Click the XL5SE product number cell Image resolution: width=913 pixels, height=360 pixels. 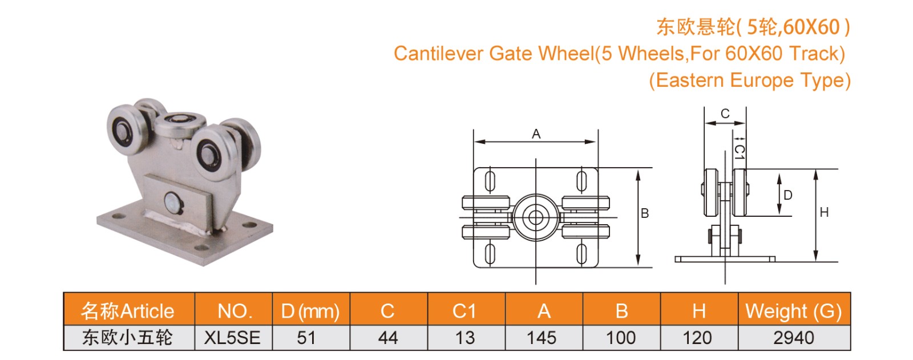click(x=232, y=338)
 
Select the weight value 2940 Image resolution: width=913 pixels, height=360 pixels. click(x=793, y=338)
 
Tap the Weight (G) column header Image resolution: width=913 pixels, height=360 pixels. click(x=793, y=311)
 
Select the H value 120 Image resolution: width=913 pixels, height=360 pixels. click(x=697, y=338)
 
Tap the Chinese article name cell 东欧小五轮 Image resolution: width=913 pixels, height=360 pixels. click(x=127, y=338)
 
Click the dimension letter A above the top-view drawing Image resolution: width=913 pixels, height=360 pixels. click(x=536, y=134)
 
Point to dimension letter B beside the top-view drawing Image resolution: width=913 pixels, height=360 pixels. click(x=645, y=213)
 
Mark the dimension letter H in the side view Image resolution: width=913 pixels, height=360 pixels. click(x=824, y=212)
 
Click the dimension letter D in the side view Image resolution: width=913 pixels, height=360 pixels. click(x=788, y=195)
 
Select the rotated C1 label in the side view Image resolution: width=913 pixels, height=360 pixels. click(x=739, y=152)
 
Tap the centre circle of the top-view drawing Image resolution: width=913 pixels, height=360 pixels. click(x=535, y=217)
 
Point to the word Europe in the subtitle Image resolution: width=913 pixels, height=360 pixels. click(x=761, y=80)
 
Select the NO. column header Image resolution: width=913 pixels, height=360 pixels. click(x=234, y=311)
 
